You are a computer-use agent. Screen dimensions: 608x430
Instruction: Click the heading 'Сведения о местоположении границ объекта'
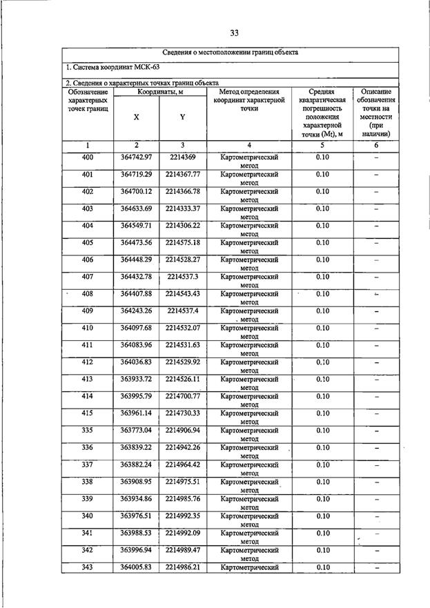229,53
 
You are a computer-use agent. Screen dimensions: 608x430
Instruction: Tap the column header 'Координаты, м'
159,91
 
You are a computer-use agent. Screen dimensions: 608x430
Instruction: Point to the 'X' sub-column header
136,117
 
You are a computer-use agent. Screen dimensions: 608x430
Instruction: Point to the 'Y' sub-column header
182,117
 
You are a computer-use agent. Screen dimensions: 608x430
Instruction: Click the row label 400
87,157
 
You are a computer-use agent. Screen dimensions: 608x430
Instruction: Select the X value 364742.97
136,157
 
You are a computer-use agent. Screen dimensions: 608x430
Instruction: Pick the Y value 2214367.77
182,174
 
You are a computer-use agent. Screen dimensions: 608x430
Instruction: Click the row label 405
87,242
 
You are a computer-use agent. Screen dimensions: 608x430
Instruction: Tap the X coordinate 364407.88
136,293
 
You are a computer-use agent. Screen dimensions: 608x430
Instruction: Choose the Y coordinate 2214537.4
182,311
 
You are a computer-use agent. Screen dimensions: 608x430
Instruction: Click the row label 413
87,379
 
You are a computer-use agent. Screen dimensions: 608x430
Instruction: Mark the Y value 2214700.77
182,396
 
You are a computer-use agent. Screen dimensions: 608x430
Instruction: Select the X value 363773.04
136,430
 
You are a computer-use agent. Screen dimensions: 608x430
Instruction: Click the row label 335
87,430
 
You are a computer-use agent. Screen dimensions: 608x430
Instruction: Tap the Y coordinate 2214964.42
182,464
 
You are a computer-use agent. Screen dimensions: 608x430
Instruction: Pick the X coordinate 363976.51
136,516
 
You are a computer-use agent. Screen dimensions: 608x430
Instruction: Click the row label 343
87,567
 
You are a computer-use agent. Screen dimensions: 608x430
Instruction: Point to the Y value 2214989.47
182,549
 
